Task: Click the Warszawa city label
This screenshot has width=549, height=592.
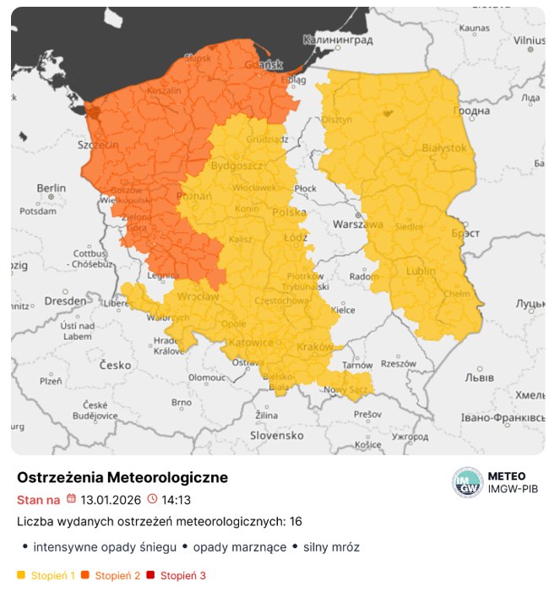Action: [x=358, y=225]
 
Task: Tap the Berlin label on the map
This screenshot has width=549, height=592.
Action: [x=51, y=187]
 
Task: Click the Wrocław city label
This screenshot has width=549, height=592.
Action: [x=198, y=297]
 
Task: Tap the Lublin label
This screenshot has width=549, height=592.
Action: [x=421, y=272]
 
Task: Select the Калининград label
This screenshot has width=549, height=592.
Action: [x=338, y=40]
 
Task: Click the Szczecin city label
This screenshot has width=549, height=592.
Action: [x=98, y=145]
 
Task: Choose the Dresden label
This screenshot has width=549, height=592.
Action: [x=65, y=300]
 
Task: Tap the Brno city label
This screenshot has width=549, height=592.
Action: [x=182, y=403]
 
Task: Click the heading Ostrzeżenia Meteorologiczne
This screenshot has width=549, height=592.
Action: [x=122, y=477]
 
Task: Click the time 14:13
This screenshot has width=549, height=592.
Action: [x=176, y=500]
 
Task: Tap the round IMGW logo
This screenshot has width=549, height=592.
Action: [x=467, y=482]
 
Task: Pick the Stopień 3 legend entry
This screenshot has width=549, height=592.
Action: [x=182, y=576]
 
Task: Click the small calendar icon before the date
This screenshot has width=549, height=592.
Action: [x=71, y=499]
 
